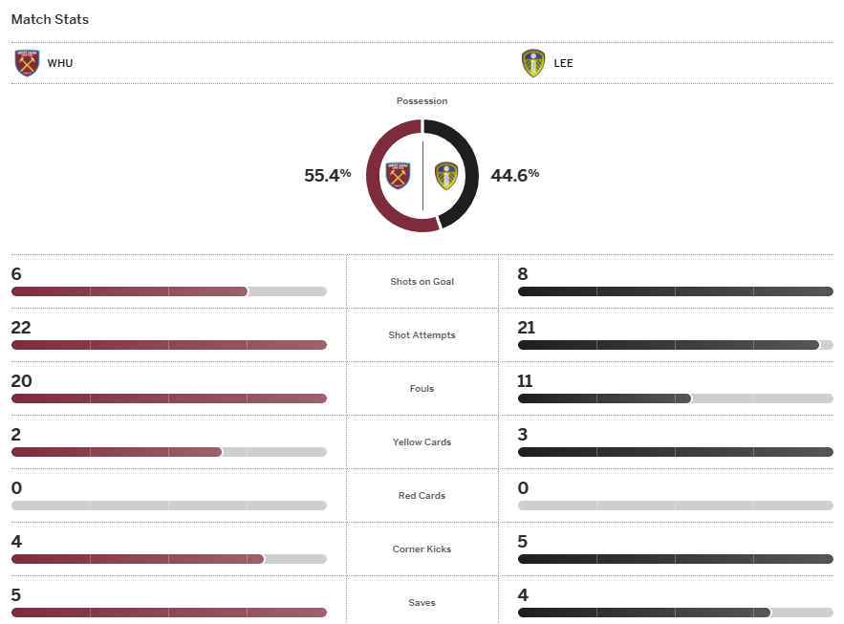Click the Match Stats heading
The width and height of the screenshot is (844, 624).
click(x=50, y=19)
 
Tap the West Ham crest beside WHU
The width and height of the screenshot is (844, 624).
click(x=28, y=63)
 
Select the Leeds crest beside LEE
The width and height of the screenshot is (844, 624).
click(x=533, y=63)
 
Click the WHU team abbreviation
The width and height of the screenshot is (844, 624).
click(x=59, y=63)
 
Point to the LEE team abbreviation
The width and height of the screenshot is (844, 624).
click(x=563, y=63)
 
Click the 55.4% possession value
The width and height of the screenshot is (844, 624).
click(x=328, y=175)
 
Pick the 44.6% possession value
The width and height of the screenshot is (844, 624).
click(x=515, y=175)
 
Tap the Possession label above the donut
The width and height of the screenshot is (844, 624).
click(x=422, y=100)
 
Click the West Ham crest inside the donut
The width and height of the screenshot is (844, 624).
click(x=398, y=176)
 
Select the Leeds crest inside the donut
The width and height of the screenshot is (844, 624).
click(x=446, y=176)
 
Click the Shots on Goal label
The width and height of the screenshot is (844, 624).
click(x=422, y=282)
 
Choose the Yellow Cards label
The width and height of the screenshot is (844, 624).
click(x=422, y=442)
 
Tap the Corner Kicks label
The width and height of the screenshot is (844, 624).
click(x=422, y=549)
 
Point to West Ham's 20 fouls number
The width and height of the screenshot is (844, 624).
click(x=21, y=381)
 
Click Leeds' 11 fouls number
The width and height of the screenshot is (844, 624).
click(x=525, y=381)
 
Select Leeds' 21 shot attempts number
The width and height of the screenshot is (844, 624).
click(x=526, y=328)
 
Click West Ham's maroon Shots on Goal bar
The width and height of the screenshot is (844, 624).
click(x=129, y=291)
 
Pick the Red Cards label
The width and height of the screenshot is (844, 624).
click(x=422, y=496)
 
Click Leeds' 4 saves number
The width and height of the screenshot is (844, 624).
click(x=523, y=595)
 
